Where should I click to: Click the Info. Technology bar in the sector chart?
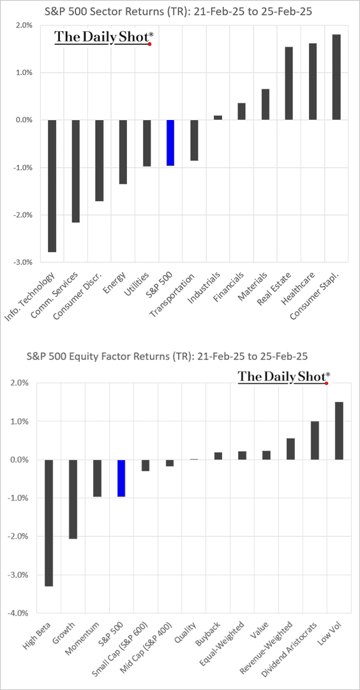coord(52,186)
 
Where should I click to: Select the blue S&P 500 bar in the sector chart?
coord(170,142)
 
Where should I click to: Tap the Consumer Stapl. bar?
coord(336,77)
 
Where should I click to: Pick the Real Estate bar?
coord(289,83)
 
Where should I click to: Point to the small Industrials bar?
coord(218,117)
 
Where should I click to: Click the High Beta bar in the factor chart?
coord(49,523)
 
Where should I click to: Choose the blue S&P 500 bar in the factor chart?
coord(121,478)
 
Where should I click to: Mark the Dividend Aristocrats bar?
coord(315,440)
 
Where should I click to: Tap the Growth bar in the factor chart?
coord(73,499)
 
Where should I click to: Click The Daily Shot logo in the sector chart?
coord(103,38)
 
